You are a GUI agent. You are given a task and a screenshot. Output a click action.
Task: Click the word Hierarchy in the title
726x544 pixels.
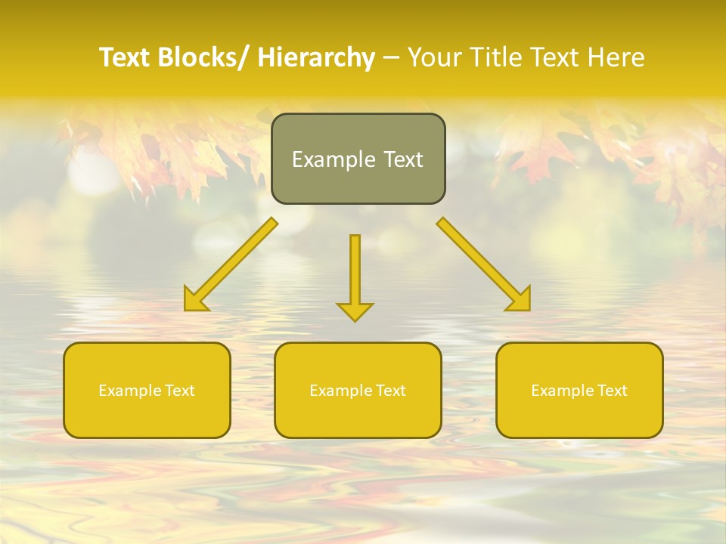(x=316, y=58)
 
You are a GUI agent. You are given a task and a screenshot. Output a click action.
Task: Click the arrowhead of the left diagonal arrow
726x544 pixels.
(x=194, y=300)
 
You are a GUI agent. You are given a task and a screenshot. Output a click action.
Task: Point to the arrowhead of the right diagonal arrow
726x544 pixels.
(x=520, y=300)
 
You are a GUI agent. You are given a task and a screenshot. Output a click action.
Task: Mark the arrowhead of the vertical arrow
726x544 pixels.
(x=355, y=311)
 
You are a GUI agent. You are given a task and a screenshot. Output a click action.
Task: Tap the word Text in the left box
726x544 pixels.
(x=180, y=391)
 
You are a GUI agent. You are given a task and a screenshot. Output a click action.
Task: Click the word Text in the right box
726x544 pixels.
(x=613, y=391)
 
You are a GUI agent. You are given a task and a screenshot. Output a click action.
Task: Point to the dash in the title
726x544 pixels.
(x=391, y=58)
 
